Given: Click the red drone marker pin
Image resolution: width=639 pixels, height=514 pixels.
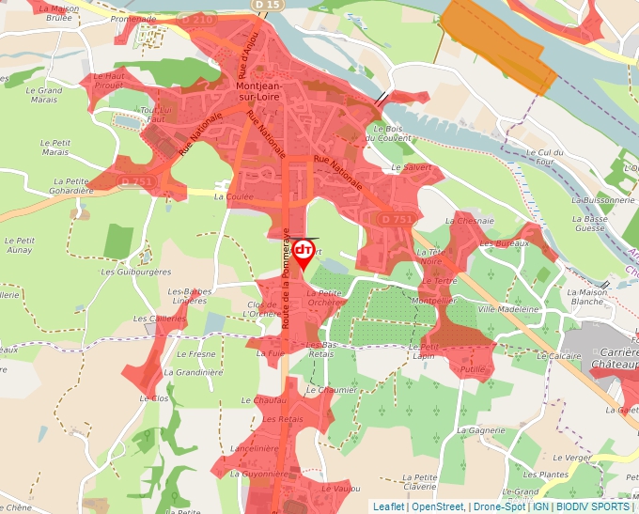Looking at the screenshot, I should [304, 253].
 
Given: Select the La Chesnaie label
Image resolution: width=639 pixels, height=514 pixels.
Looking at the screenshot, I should [475, 221].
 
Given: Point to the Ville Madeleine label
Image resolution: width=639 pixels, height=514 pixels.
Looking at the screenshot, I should [508, 308].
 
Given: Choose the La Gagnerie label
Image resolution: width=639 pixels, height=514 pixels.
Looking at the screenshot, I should [485, 430].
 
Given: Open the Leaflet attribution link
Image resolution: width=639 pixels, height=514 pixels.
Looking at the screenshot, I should [388, 506].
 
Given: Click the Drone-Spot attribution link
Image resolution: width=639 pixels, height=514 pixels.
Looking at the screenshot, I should [500, 506].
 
